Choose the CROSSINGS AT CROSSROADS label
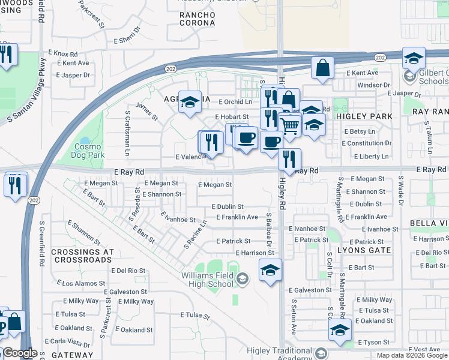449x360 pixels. tap(82, 256)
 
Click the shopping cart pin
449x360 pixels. tap(290, 127)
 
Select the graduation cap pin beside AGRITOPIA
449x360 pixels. tap(190, 103)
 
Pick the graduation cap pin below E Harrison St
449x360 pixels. tap(271, 270)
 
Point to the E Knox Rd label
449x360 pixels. tap(71, 53)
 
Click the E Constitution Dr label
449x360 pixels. tap(367, 143)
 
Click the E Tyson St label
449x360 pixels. tap(374, 342)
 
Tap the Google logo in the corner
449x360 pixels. tap(20, 353)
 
